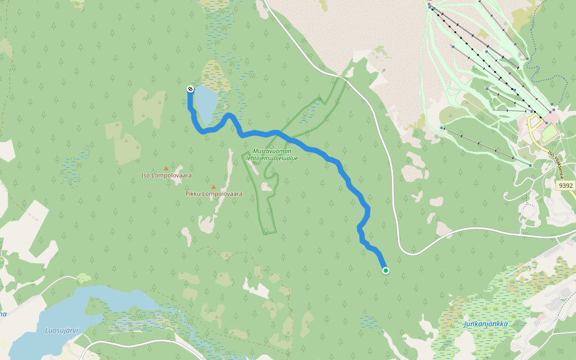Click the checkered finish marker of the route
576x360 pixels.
190,89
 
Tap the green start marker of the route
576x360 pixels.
386,271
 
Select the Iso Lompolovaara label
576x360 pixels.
166,175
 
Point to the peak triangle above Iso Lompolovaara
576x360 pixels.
166,169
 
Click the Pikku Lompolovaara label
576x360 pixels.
209,194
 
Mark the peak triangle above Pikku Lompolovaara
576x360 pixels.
213,187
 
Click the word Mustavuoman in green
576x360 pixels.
272,151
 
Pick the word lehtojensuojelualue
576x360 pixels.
272,158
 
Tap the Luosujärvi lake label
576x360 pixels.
62,330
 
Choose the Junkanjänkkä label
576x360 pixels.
485,324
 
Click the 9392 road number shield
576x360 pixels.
565,186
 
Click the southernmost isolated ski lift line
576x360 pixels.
486,146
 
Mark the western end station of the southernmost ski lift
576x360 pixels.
442,128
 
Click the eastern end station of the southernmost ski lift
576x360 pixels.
531,164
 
